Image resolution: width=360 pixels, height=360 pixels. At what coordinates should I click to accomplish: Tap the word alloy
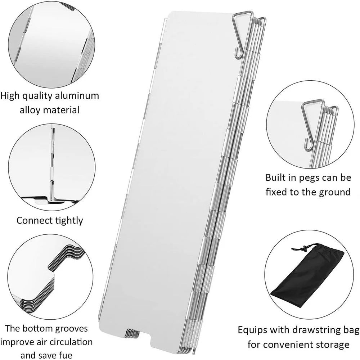coord(30,109)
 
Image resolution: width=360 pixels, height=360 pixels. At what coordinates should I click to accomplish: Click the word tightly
coord(67,220)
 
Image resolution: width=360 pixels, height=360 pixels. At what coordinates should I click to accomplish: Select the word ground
coord(335,192)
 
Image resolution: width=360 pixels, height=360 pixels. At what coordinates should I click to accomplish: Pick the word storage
coord(331,345)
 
